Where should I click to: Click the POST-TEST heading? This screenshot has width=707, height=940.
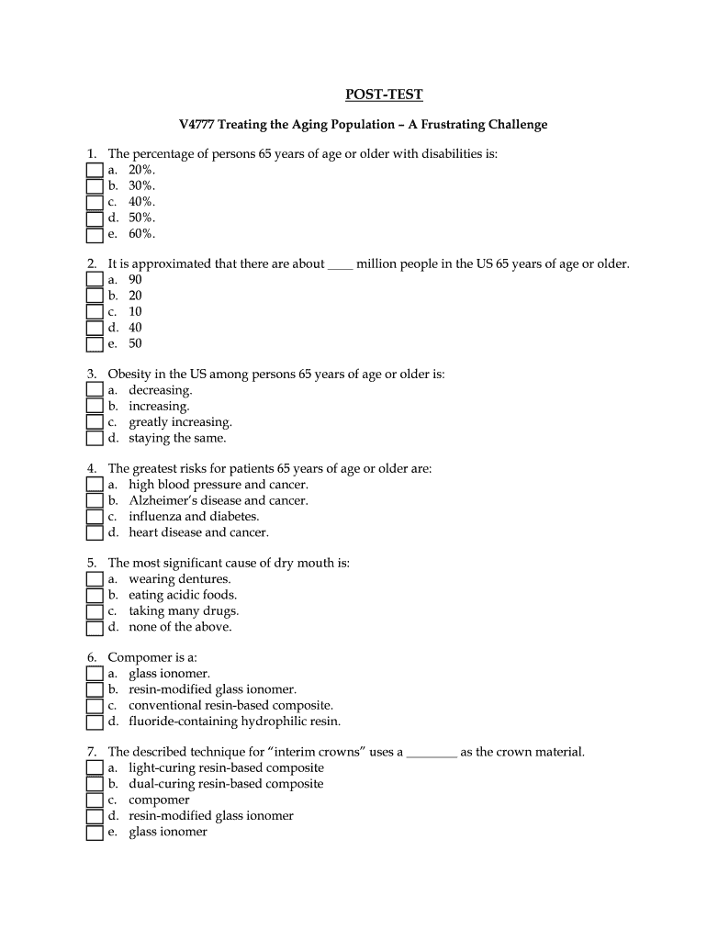(x=384, y=95)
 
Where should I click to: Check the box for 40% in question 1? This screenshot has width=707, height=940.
(x=95, y=203)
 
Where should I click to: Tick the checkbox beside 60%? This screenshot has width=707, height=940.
(x=95, y=235)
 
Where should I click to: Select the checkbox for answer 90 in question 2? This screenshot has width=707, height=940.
(x=95, y=280)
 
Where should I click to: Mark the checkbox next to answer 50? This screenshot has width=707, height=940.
(x=95, y=344)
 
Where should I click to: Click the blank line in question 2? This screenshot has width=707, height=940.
(x=340, y=266)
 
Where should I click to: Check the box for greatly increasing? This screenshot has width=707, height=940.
(x=95, y=422)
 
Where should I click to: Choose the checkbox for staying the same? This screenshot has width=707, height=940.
(x=95, y=439)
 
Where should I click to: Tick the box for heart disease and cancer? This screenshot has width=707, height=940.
(x=95, y=532)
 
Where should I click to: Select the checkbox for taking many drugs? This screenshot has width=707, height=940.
(x=95, y=611)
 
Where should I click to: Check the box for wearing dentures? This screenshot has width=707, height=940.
(x=95, y=579)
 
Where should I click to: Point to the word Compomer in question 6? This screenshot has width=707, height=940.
(x=138, y=657)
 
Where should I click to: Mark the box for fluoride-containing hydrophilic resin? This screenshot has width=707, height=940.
(x=95, y=722)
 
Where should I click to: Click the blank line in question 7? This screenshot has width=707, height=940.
(x=432, y=753)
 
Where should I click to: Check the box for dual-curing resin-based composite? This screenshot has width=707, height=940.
(x=95, y=784)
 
